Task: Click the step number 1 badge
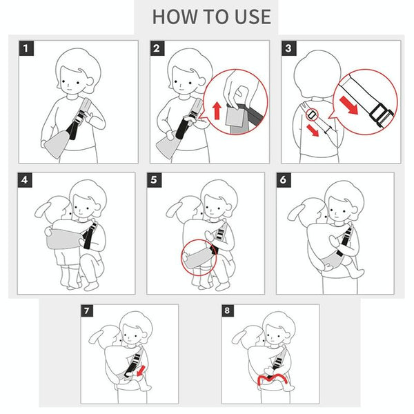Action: [26, 48]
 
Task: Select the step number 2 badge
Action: [157, 48]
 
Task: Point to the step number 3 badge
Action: [289, 48]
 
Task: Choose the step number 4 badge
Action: [25, 180]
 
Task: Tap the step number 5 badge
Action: [154, 180]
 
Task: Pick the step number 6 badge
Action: [284, 180]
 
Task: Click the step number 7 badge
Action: [87, 310]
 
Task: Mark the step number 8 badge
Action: [228, 310]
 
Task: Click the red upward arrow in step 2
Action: [217, 111]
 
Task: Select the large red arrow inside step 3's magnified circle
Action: [348, 105]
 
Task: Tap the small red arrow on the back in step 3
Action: [313, 130]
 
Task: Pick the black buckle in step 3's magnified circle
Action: [382, 115]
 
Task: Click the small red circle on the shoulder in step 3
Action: [312, 115]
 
